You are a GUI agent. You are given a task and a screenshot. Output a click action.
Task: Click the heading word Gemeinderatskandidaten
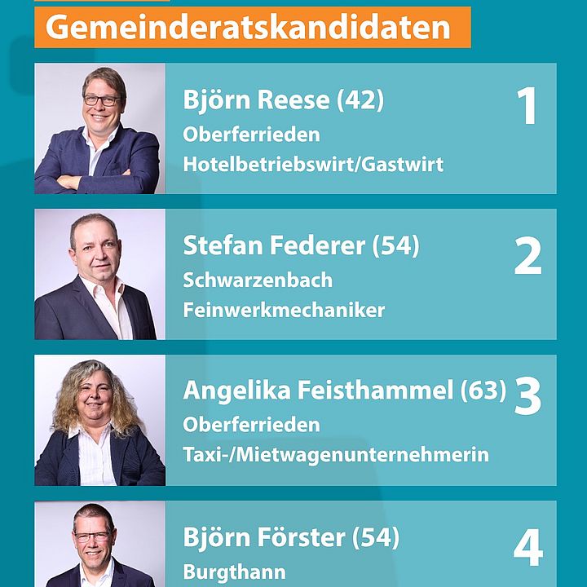[x=248, y=28]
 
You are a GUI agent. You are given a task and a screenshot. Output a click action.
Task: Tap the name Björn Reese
[x=256, y=100]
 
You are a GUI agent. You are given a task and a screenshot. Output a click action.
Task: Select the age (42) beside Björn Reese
[x=360, y=100]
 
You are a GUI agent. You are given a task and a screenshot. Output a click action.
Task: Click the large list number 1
[x=527, y=105]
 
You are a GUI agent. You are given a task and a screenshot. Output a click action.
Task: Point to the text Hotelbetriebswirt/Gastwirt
[x=313, y=165]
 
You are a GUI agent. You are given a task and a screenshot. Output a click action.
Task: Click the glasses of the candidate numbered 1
[x=101, y=100]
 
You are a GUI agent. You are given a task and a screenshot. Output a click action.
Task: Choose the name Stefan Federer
[x=274, y=245]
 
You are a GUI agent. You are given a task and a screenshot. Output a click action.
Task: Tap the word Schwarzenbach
[x=258, y=280]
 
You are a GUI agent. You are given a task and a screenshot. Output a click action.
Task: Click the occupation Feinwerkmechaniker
[x=284, y=311]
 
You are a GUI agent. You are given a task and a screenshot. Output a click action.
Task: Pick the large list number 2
[x=527, y=256]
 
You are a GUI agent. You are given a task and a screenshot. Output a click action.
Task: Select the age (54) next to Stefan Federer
[x=395, y=245]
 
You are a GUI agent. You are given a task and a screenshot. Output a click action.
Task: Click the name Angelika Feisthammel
[x=318, y=390]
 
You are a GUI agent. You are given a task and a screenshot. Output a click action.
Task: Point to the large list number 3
[x=527, y=395]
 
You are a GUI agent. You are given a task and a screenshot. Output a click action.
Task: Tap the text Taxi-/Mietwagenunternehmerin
[x=336, y=455]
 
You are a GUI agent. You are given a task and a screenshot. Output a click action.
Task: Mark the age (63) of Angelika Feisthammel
[x=483, y=390]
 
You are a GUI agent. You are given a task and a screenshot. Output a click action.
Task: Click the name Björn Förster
[x=264, y=536]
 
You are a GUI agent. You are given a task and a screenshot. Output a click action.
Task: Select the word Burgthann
[x=234, y=572]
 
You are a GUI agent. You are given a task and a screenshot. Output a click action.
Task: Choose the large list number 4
[x=528, y=547]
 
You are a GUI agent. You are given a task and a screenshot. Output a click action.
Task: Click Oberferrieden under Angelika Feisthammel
[x=252, y=425]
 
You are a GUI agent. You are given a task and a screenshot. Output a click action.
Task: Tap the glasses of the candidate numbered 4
[x=92, y=536]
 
